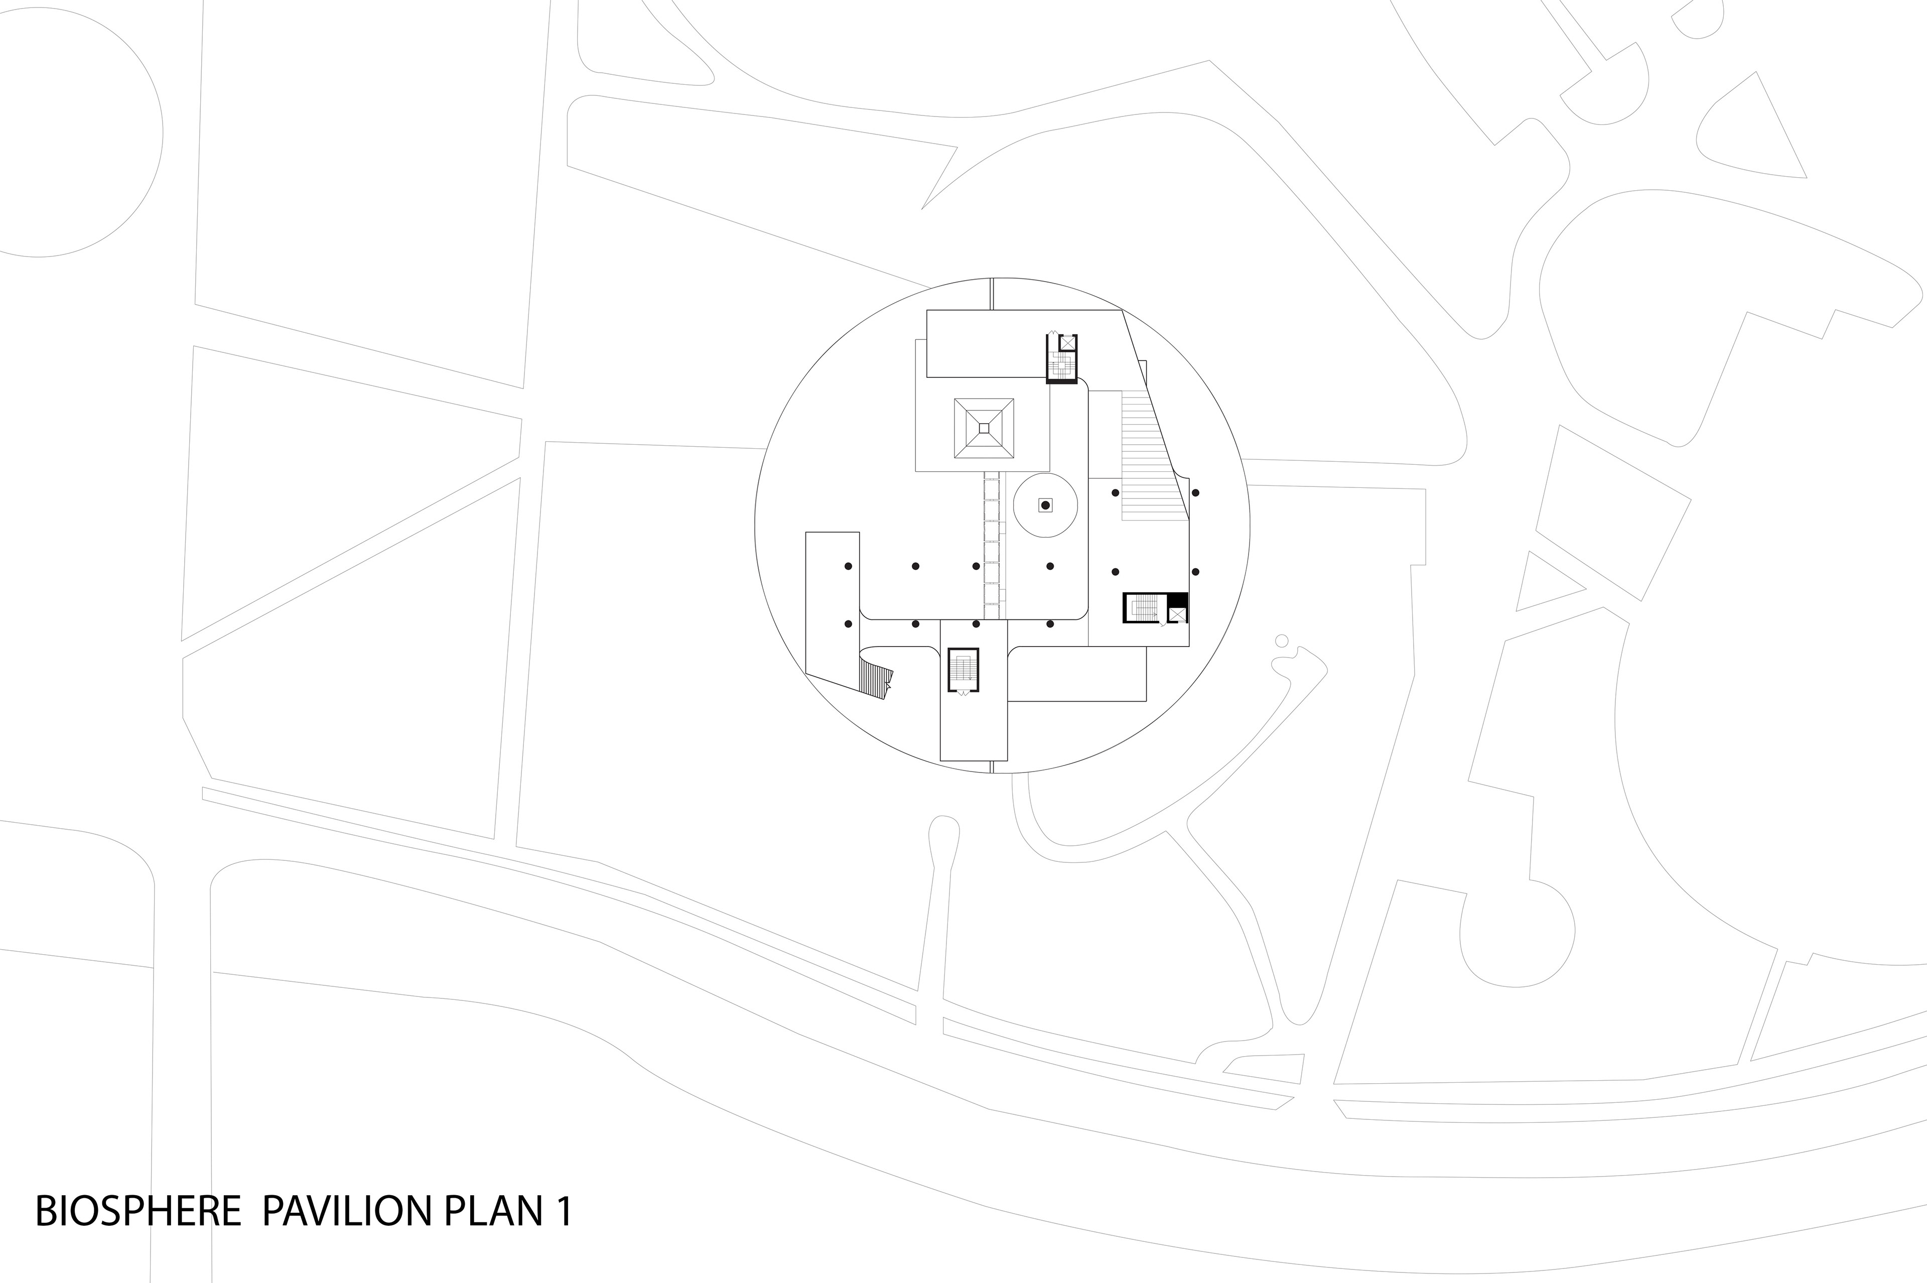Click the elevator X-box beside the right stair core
(1177, 614)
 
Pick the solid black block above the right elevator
(1177, 599)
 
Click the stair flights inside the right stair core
(1144, 607)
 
